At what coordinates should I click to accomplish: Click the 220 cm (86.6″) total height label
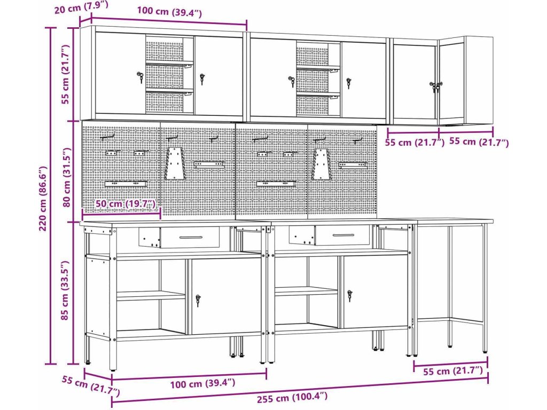click(x=43, y=198)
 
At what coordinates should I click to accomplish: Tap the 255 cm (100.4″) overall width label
click(x=292, y=397)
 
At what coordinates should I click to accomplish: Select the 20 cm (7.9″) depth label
click(x=81, y=7)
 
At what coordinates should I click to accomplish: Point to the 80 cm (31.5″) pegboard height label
click(x=66, y=177)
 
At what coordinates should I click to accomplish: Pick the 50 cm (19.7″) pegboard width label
click(x=125, y=203)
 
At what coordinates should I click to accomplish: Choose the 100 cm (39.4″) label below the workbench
click(x=202, y=383)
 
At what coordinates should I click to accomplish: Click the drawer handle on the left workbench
click(x=191, y=238)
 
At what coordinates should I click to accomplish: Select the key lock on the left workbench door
click(x=198, y=300)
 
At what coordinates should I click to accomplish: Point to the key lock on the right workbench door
click(x=350, y=295)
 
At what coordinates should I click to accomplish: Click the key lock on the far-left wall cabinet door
click(x=140, y=77)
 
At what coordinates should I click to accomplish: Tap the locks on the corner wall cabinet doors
click(x=436, y=86)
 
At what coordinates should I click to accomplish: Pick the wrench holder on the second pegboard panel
click(x=175, y=163)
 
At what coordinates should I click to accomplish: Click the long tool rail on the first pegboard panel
click(x=126, y=183)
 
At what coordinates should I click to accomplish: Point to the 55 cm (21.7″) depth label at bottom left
click(x=91, y=385)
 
